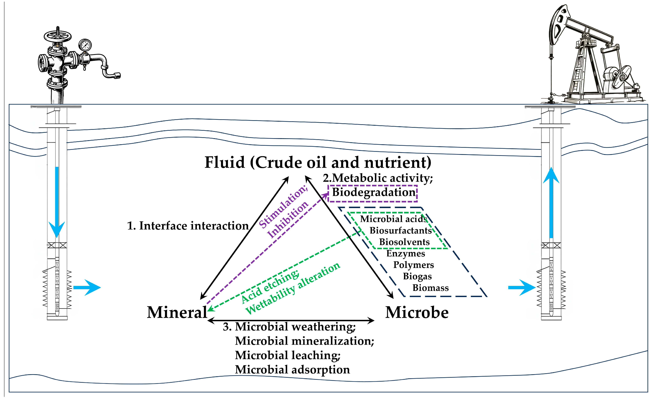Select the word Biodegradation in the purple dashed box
coord(373,192)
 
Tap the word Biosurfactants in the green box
coord(400,230)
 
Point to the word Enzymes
coord(405,254)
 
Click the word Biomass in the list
coord(430,288)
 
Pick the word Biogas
coord(417,276)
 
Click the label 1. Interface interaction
coord(188,226)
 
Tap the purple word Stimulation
coord(282,206)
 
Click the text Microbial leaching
coord(288,355)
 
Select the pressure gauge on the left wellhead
coord(85,45)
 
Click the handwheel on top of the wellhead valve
coord(57,36)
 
